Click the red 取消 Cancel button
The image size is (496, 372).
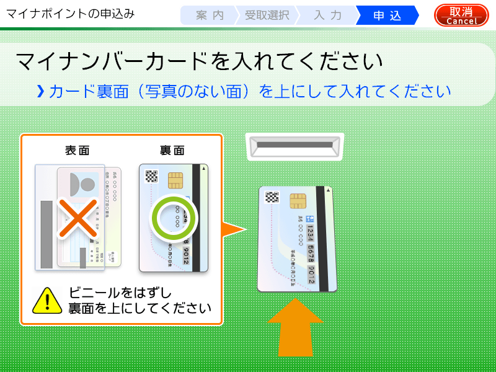pos(461,15)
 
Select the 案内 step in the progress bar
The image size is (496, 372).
pos(210,15)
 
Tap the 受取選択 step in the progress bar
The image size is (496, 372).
pos(267,15)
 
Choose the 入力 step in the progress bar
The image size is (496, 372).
pos(327,15)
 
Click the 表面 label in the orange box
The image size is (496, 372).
pos(77,151)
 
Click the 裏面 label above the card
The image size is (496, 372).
pos(172,151)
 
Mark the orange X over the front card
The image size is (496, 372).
pos(78,218)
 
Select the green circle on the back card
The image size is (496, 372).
pos(173,218)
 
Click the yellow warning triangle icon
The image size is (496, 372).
pos(47,300)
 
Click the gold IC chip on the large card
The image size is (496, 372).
pos(298,201)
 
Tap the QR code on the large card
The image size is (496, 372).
pos(272,198)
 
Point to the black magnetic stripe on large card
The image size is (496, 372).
pos(322,239)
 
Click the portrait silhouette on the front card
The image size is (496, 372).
pos(86,184)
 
